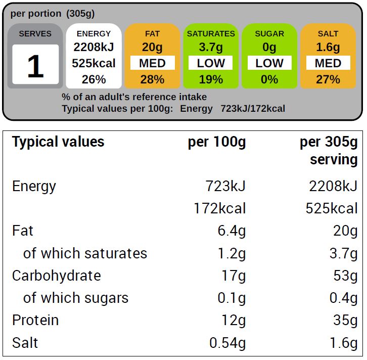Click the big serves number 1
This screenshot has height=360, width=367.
pyautogui.click(x=35, y=66)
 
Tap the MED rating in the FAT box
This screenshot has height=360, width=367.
pyautogui.click(x=152, y=63)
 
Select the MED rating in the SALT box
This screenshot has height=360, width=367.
pyautogui.click(x=328, y=63)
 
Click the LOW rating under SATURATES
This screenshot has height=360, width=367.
pyautogui.click(x=211, y=63)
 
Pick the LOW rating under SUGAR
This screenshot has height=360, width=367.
pyautogui.click(x=269, y=63)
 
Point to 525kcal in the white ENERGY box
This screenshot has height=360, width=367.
pyautogui.click(x=94, y=63)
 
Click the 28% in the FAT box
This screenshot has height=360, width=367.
pyautogui.click(x=152, y=79)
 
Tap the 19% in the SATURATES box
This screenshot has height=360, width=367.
pyautogui.click(x=211, y=79)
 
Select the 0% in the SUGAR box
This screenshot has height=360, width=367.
pyautogui.click(x=269, y=79)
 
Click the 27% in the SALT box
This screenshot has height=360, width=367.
pyautogui.click(x=328, y=79)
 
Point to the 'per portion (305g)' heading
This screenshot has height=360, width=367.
pyautogui.click(x=52, y=14)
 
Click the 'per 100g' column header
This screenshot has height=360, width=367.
pyautogui.click(x=217, y=143)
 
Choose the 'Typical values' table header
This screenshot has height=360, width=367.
pyautogui.click(x=58, y=142)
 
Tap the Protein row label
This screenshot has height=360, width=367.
pyautogui.click(x=35, y=320)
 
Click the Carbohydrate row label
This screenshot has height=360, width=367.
pyautogui.click(x=56, y=276)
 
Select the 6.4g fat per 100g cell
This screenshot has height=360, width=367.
pyautogui.click(x=231, y=231)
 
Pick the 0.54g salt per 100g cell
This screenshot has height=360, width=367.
pyautogui.click(x=227, y=343)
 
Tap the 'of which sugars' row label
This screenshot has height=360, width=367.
pyautogui.click(x=76, y=298)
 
